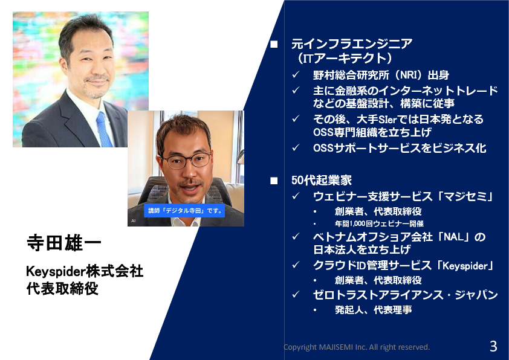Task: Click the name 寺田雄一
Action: pos(64,243)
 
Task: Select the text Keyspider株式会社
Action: pos(85,271)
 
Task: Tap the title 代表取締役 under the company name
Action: pos(62,289)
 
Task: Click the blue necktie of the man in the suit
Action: pos(104,129)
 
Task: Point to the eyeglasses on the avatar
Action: pos(187,161)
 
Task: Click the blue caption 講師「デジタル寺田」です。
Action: pos(185,211)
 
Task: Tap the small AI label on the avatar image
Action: pos(134,221)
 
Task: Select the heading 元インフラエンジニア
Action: pos(352,43)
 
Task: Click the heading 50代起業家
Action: pos(322,181)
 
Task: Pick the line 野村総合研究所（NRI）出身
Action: pos(381,76)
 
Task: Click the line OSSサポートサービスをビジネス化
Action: pos(400,148)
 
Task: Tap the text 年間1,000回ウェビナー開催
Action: pos(379,223)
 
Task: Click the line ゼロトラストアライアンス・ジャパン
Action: pos(406,295)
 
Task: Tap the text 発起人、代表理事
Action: pos(374,310)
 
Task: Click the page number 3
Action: pos(493,346)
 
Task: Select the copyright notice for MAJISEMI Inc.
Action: pos(357,347)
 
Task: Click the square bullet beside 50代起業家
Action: pos(274,181)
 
